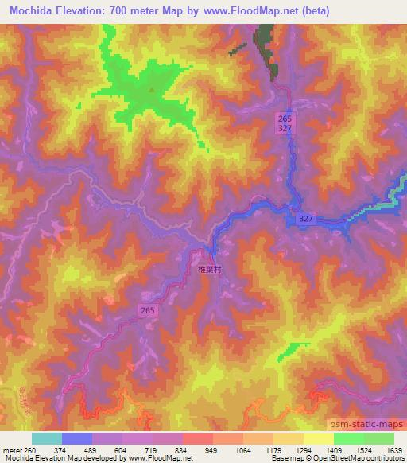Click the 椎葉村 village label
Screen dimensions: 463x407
[x=209, y=269]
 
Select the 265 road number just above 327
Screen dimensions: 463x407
[x=285, y=118]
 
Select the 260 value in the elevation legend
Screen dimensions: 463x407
[x=33, y=450]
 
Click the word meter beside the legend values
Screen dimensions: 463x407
[x=12, y=450]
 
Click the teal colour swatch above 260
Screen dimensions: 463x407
[x=47, y=438]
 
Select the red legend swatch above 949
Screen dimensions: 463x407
[x=197, y=438]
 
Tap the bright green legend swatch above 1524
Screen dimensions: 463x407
[x=348, y=438]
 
